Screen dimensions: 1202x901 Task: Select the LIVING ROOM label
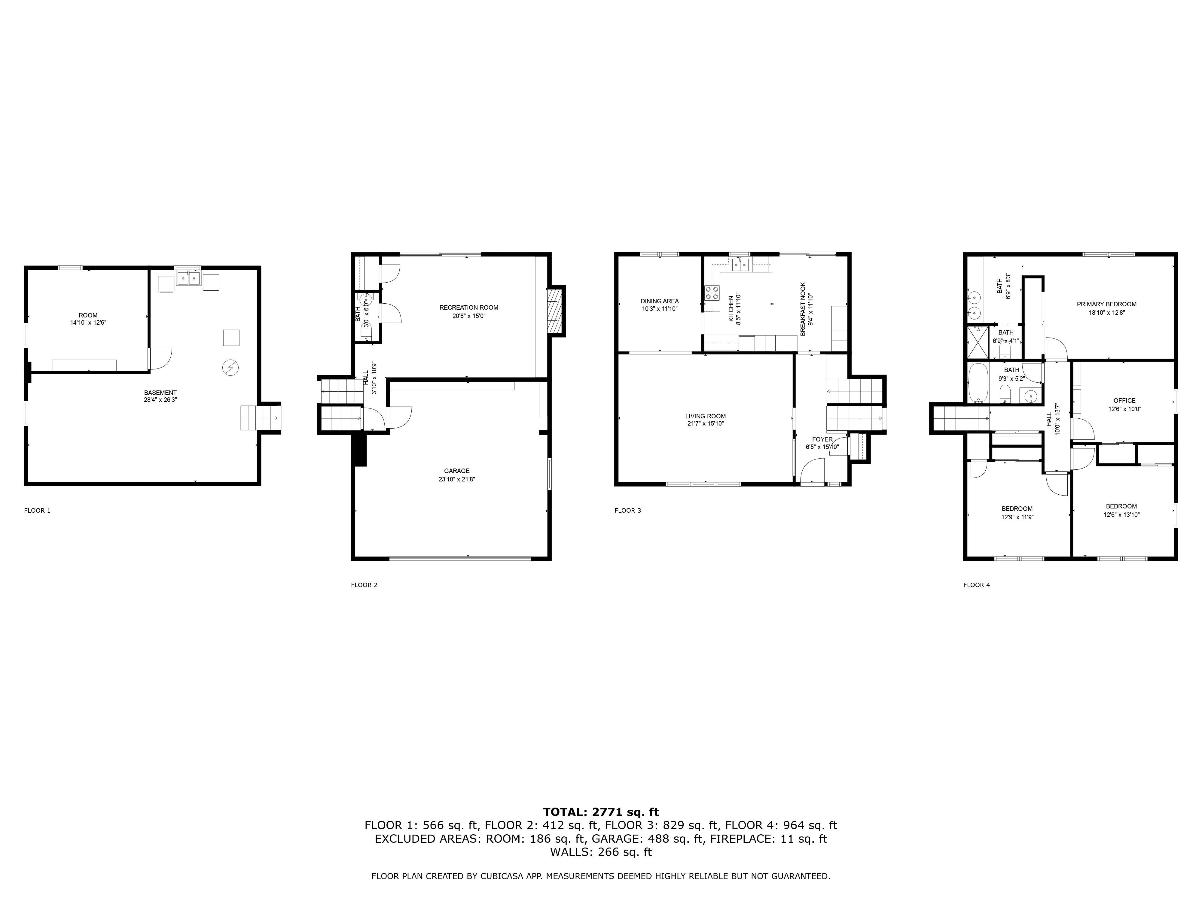705,416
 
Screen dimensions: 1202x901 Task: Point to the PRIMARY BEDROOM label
1106,304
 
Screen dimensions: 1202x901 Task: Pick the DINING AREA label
659,301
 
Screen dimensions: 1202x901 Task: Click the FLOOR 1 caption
37,511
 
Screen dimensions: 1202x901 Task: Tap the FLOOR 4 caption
977,585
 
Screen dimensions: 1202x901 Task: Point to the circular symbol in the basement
230,368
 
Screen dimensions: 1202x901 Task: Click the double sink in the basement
188,279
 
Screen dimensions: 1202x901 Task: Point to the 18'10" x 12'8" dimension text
1106,312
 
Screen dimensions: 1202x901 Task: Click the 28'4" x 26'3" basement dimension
160,400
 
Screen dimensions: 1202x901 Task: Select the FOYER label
822,439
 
